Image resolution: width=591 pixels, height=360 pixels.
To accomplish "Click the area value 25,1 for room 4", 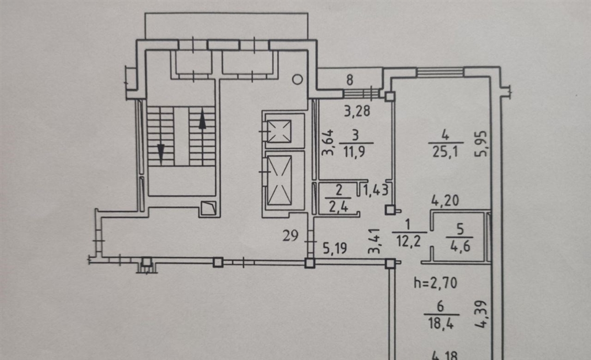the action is pos(445,151).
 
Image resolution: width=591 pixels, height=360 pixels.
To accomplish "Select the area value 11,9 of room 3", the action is pos(354,152).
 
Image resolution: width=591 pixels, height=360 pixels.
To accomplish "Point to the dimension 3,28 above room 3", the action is pos(357,111).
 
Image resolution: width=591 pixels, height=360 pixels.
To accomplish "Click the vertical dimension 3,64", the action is pos(328,142).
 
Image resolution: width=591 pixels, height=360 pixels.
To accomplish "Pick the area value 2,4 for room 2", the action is pos(338,207).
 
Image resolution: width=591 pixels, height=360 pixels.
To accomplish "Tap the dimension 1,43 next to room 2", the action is pos(376,190).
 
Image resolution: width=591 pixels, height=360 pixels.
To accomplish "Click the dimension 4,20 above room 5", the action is pos(445,201).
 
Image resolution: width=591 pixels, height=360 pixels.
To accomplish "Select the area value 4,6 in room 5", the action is pos(460,247).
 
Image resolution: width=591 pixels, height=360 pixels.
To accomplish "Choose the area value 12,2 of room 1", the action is pos(408,240).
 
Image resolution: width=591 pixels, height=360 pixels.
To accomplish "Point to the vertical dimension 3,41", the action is pos(374,241).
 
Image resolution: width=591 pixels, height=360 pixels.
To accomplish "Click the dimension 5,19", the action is pos(335,247).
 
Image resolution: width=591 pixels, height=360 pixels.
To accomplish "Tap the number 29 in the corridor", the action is pos(291,236).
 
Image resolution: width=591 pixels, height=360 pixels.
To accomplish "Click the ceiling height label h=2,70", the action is pos(435,282).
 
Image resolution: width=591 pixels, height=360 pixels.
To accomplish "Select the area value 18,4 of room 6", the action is pos(440,322).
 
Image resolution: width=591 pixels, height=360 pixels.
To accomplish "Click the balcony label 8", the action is pos(350,80).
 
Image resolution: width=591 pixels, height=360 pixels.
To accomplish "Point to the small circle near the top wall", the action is pos(298,80).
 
